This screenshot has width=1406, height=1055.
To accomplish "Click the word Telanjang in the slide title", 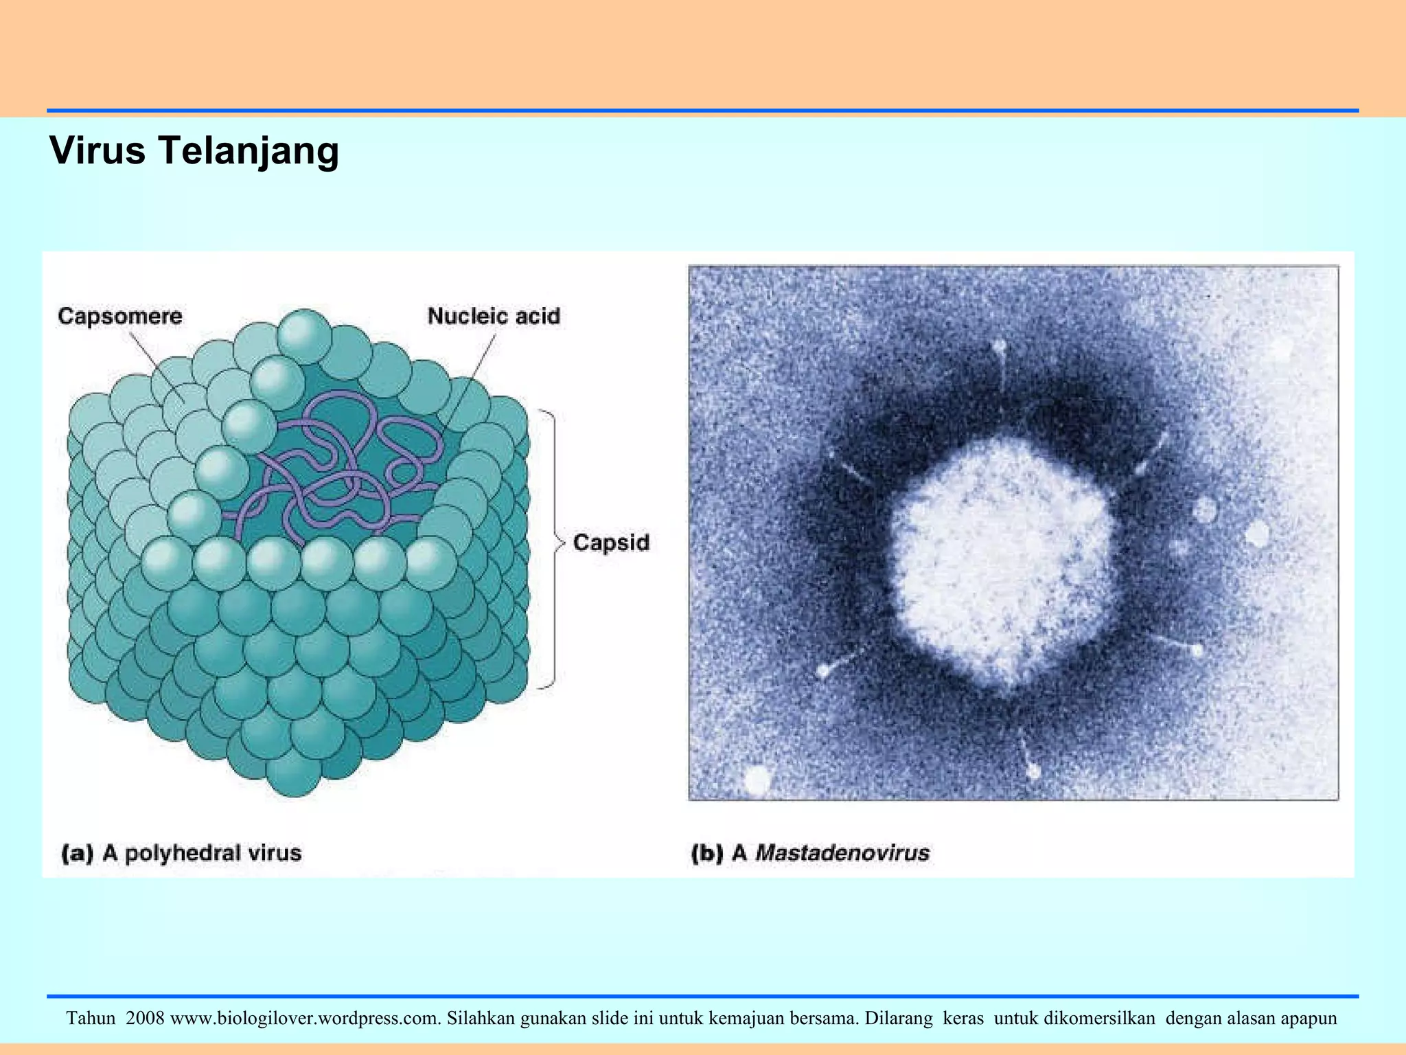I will [x=249, y=150].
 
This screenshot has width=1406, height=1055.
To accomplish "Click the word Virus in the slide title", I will [x=97, y=150].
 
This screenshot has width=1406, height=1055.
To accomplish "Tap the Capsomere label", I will [x=120, y=316].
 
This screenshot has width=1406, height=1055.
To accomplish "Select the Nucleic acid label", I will [x=494, y=316].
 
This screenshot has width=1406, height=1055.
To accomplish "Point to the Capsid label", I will [x=611, y=543].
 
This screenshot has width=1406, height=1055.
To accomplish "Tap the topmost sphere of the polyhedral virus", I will [x=305, y=336].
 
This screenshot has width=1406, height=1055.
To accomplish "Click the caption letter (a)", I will [x=77, y=853].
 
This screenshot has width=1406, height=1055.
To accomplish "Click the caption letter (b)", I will [x=707, y=853].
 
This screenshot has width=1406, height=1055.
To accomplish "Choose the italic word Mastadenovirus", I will [x=842, y=853].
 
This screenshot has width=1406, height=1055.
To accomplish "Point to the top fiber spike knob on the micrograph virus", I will [x=999, y=347].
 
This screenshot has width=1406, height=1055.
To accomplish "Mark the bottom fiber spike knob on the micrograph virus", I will [x=1033, y=771].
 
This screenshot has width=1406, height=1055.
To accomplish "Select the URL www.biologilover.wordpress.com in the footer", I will [x=306, y=1018].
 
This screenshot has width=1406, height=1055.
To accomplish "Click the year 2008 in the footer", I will [x=145, y=1018].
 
